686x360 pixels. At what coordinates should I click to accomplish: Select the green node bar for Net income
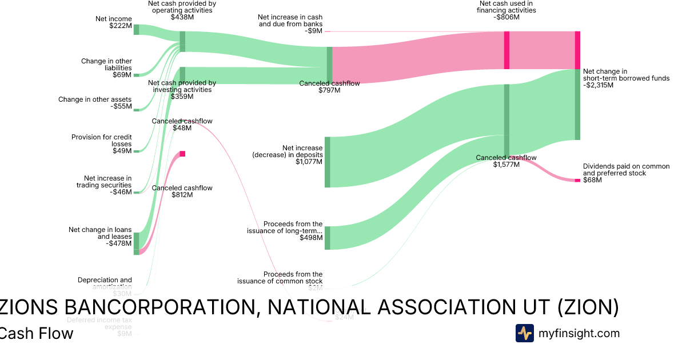[x=136, y=30]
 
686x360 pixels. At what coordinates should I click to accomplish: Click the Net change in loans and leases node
[x=136, y=243]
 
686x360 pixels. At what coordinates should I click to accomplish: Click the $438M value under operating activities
[x=182, y=17]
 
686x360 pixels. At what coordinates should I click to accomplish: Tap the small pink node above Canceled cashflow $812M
[x=182, y=154]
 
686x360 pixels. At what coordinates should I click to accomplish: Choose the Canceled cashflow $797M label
[x=329, y=87]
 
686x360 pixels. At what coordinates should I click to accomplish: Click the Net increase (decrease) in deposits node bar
[x=328, y=162]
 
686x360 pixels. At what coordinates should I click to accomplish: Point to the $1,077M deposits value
[x=309, y=162]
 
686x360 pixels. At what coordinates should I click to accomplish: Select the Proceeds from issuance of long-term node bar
[x=328, y=238]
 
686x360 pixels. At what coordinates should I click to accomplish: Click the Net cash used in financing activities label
[x=506, y=7]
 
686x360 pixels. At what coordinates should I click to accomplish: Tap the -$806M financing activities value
[x=506, y=17]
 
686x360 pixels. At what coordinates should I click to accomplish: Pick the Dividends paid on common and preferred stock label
[x=626, y=170]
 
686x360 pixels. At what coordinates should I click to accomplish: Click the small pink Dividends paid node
[x=577, y=181]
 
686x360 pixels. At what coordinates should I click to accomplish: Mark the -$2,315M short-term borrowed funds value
[x=598, y=85]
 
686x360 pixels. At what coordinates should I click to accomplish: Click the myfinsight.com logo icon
[x=524, y=333]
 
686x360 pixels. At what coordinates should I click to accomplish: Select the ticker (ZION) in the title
[x=588, y=307]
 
